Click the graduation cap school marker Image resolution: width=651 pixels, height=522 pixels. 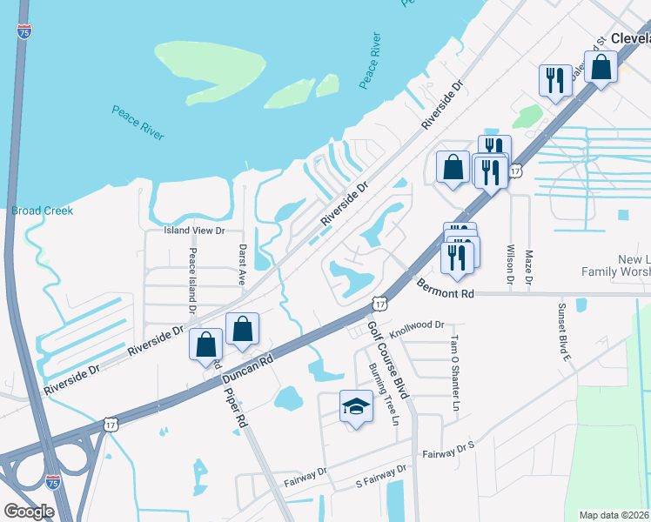tap(355, 406)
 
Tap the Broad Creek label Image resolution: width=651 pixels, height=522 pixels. tap(43, 211)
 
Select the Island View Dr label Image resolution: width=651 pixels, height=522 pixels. tap(195, 231)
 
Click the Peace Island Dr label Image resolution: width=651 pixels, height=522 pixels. tap(191, 281)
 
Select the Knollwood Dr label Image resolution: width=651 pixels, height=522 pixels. tap(417, 325)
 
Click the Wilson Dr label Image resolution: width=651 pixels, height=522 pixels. tap(510, 264)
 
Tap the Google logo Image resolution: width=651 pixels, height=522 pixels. tap(29, 512)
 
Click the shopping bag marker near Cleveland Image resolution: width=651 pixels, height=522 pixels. tap(601, 66)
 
